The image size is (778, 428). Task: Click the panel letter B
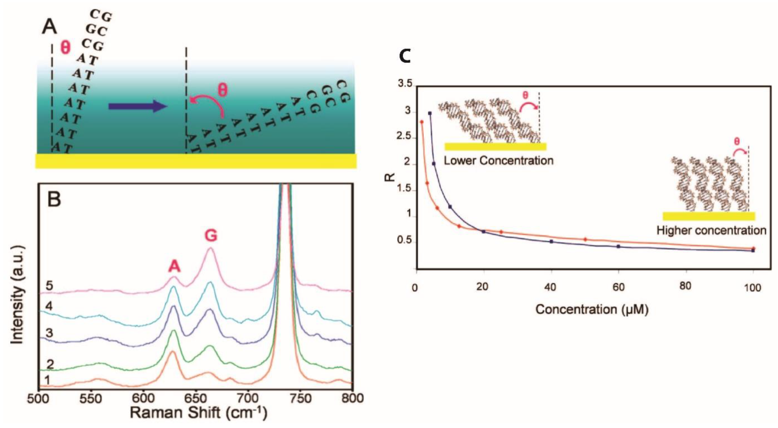(x=54, y=200)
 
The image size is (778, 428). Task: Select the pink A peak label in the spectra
(x=174, y=267)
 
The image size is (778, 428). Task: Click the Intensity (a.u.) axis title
(x=18, y=295)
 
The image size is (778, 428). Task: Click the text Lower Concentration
(x=498, y=161)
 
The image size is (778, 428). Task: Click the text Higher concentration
(x=711, y=231)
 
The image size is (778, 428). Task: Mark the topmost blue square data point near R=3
(x=430, y=113)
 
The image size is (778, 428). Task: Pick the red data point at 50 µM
(x=585, y=239)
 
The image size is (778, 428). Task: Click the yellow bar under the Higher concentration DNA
(x=709, y=216)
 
